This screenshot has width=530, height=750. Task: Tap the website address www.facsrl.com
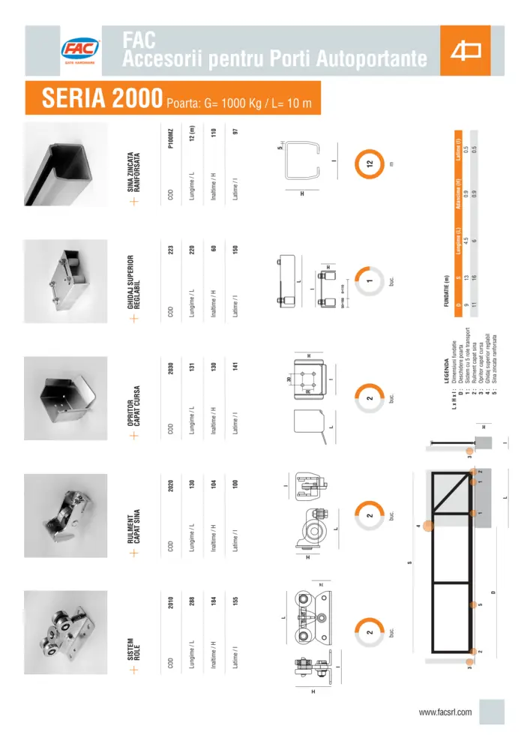click(445, 712)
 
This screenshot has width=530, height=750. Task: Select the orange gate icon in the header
click(465, 50)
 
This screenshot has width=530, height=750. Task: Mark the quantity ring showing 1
click(369, 283)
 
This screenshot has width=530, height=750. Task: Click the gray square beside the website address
click(492, 712)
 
